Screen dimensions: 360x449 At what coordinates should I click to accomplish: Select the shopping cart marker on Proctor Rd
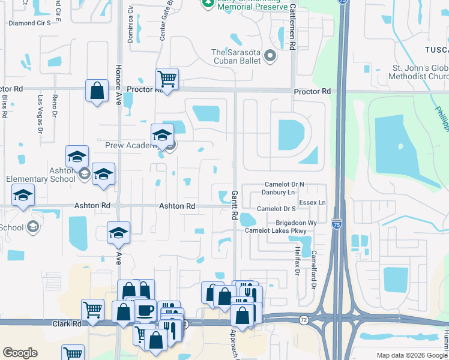[167, 79]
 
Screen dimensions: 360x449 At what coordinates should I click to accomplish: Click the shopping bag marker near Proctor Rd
[97, 92]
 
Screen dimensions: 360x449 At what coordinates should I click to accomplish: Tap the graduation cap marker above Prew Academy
[162, 136]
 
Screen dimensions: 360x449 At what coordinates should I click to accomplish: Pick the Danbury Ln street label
[278, 193]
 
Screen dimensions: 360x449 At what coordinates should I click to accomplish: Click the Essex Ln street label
[312, 203]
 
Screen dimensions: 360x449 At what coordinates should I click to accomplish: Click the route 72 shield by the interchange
[304, 320]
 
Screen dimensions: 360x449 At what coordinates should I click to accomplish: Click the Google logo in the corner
[20, 353]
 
